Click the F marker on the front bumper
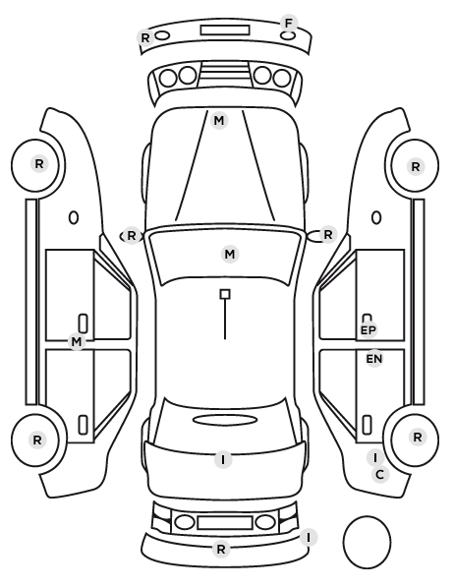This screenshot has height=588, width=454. click(288, 24)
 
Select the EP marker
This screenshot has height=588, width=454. click(368, 330)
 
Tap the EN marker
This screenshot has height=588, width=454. click(374, 359)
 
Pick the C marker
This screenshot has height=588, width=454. click(379, 475)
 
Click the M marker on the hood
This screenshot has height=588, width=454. click(219, 120)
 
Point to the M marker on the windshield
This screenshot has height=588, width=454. click(230, 255)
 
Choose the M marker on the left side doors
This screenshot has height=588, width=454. click(77, 341)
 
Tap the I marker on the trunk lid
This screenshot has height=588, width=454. click(223, 459)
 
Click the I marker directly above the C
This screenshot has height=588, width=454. click(375, 457)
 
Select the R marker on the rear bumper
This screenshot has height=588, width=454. click(221, 549)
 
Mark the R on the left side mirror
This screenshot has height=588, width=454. click(132, 236)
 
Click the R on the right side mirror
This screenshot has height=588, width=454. click(327, 235)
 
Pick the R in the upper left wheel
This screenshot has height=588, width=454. click(39, 164)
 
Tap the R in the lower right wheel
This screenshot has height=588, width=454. click(418, 437)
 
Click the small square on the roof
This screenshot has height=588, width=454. click(225, 294)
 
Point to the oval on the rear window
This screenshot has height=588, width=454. click(225, 420)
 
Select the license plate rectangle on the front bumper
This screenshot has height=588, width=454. click(225, 29)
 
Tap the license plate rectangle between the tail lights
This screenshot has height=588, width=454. click(225, 522)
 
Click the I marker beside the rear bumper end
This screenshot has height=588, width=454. click(309, 538)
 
